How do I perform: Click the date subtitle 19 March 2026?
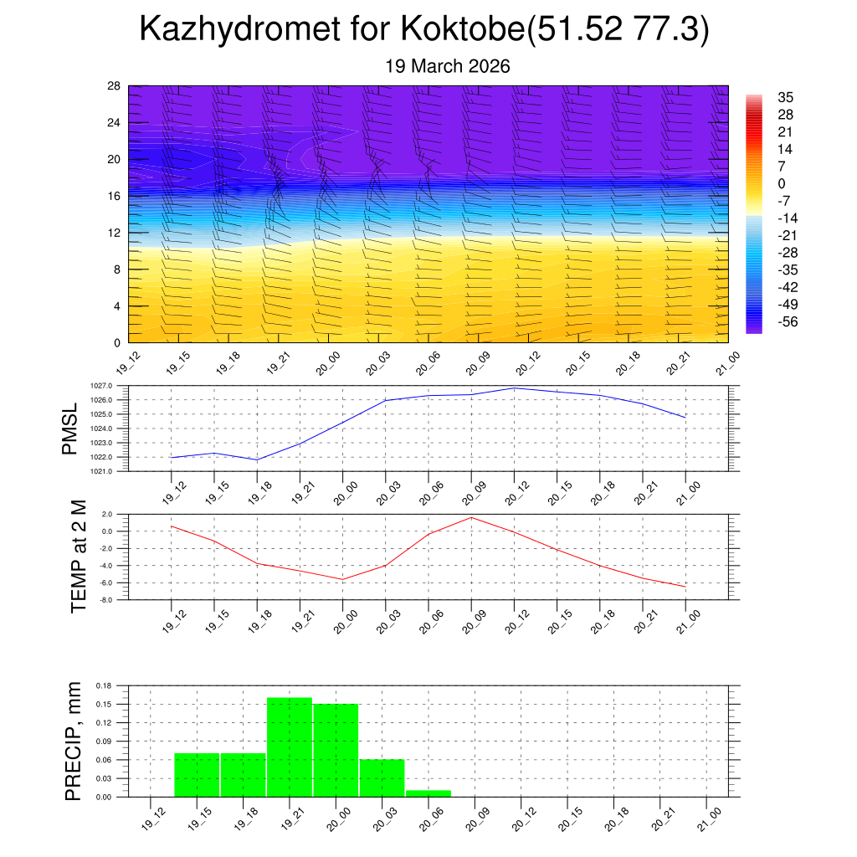(x=448, y=66)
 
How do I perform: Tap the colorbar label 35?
(x=786, y=97)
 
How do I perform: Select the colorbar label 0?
(x=781, y=183)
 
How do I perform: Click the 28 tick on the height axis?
(x=115, y=85)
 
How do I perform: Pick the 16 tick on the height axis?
(x=115, y=196)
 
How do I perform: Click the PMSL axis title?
(x=69, y=428)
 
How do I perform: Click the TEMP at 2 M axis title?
(x=80, y=556)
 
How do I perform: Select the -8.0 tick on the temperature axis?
(x=103, y=600)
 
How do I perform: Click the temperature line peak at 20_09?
(x=471, y=517)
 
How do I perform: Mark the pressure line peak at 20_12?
(x=514, y=387)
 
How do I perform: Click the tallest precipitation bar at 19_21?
(x=290, y=747)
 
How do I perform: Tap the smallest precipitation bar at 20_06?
(x=428, y=793)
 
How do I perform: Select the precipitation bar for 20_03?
(x=382, y=777)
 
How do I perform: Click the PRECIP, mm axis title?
(x=73, y=742)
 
